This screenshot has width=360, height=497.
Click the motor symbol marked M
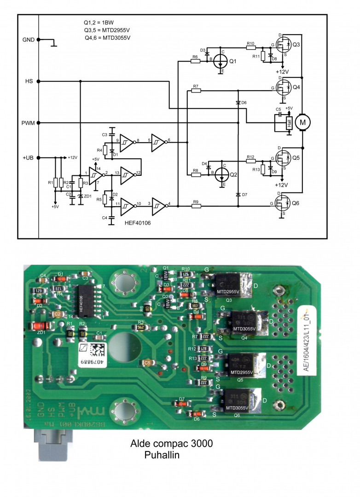302,121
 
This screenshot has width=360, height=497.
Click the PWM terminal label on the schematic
29,123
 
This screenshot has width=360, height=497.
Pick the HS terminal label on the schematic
29,81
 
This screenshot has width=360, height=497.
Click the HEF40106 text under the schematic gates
137,222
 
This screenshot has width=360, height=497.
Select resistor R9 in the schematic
196,207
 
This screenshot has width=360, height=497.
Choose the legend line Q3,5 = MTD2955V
104,30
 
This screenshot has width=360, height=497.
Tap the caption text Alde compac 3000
172,444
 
